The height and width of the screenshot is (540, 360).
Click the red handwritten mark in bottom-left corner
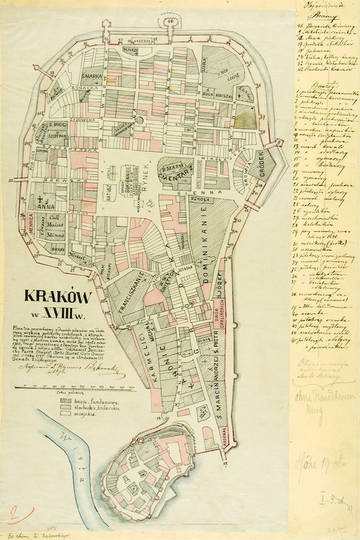pyautogui.click(x=12, y=514)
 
